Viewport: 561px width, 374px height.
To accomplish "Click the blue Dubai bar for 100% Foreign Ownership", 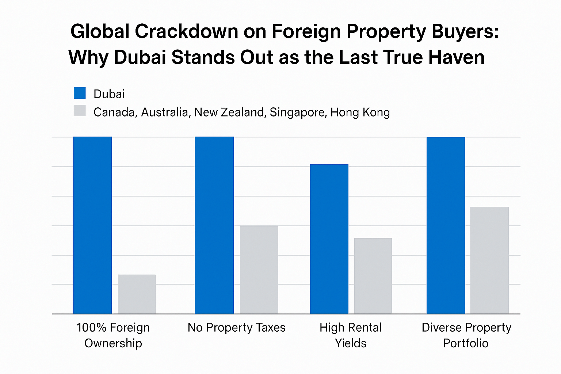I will point(92,225).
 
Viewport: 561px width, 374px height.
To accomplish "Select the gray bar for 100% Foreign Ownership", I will point(137,294).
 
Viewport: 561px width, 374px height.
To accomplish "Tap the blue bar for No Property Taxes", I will point(214,225).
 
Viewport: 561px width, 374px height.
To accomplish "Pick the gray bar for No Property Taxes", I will point(259,270).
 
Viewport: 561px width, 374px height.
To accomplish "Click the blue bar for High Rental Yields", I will point(329,239).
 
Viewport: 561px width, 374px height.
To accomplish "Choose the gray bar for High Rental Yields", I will point(373,275).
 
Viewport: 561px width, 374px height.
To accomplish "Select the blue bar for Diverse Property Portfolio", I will point(446,225).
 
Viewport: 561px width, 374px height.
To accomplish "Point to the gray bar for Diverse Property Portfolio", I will point(489,260).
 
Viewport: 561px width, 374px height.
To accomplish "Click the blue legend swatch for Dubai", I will point(80,93).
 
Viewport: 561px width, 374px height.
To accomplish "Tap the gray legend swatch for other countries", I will point(80,111).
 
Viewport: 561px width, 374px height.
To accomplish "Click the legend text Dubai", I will point(109,94).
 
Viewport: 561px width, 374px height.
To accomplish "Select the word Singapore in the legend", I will point(297,112).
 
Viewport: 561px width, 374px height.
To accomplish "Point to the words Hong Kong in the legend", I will point(360,112).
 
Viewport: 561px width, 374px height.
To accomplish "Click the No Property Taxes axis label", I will point(236,328).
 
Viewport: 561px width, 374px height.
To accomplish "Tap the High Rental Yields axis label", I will point(351,335).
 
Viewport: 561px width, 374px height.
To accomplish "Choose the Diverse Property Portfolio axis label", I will point(466,335).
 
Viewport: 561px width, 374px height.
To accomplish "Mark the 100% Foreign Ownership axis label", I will point(113,335).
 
